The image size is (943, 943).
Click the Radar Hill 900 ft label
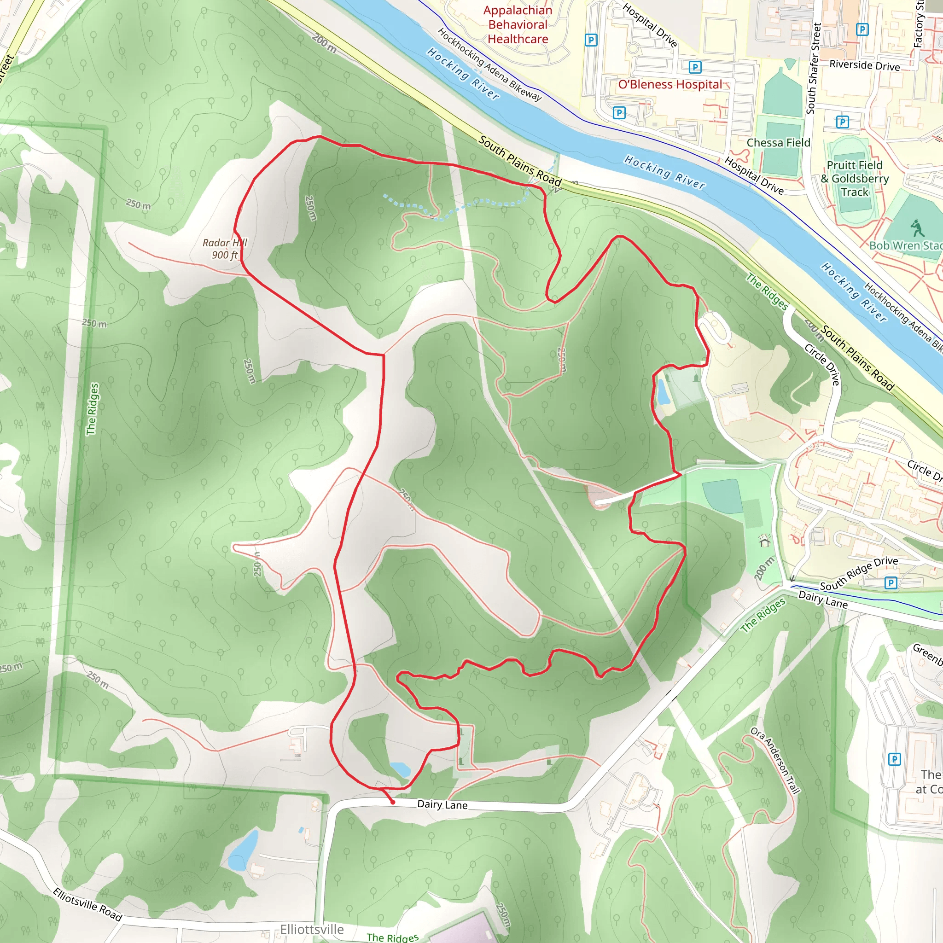[x=225, y=249]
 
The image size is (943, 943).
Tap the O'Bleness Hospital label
[x=669, y=84]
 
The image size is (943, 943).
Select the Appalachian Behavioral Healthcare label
[x=518, y=24]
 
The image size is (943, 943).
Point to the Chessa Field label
[x=778, y=143]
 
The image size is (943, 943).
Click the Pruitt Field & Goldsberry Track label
[x=855, y=179]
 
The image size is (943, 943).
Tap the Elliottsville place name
[x=311, y=929]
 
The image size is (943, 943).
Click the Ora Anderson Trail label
[x=775, y=760]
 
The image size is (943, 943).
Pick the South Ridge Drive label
[x=859, y=574]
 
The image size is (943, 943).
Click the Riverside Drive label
[x=864, y=65]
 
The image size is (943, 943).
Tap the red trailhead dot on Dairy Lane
[x=392, y=802]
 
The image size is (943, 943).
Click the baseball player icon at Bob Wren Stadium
[x=917, y=227]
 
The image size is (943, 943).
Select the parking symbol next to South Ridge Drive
[x=891, y=582]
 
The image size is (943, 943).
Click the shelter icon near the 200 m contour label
[x=764, y=541]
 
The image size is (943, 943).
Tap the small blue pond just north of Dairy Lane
[x=400, y=769]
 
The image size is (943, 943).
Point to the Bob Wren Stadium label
[x=905, y=245]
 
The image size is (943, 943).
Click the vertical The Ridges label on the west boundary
[x=92, y=409]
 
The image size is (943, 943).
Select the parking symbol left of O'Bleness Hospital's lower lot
[x=619, y=113]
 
